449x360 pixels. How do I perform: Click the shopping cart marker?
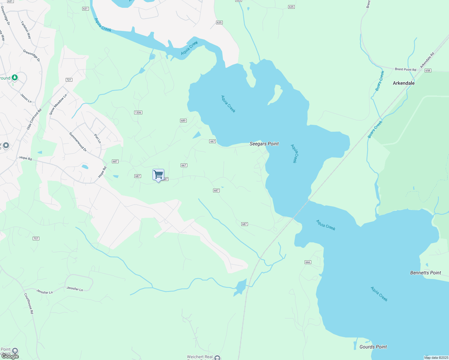pos(158,175)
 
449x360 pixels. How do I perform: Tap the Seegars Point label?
pos(264,144)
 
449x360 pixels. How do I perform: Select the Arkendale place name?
pos(404,83)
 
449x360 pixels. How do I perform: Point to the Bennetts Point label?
pos(425,273)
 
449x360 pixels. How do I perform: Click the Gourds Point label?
pos(373,347)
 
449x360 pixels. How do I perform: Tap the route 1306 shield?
pos(138,112)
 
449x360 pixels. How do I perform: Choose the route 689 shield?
pos(183,121)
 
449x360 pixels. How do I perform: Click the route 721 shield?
pos(69,80)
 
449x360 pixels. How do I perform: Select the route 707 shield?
pos(36,238)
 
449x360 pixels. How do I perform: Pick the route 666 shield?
pos(308,262)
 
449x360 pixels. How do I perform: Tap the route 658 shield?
pos(428,70)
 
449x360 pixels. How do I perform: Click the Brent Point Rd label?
pos(405,69)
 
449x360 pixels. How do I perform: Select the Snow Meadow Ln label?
pos(58,104)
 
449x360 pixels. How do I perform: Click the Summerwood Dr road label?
pos(78,142)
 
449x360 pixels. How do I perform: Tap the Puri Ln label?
pos(98,138)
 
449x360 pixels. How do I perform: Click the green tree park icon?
pos(15,78)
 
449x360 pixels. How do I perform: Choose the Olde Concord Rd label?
pos(34,119)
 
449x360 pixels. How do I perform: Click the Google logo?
pos(10,356)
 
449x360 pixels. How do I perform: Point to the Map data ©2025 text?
pos(436,358)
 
